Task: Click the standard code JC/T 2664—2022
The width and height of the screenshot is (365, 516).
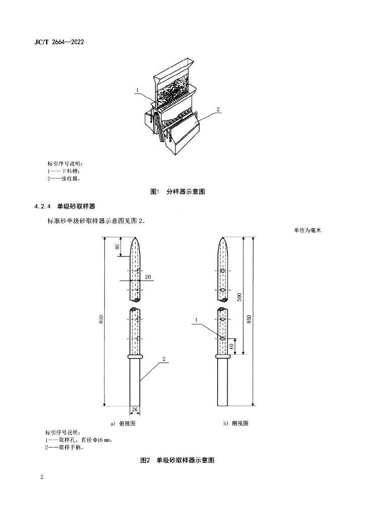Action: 55,42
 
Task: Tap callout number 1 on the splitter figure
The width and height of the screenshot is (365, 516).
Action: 137,91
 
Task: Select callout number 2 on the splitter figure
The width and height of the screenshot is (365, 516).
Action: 218,109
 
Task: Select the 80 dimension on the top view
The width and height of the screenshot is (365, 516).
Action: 117,247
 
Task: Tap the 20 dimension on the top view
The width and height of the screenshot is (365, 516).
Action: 148,277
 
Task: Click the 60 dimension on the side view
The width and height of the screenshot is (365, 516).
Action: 231,347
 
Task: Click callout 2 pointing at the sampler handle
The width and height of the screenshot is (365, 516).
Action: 164,359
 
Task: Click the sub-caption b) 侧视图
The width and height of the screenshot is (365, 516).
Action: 235,423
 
